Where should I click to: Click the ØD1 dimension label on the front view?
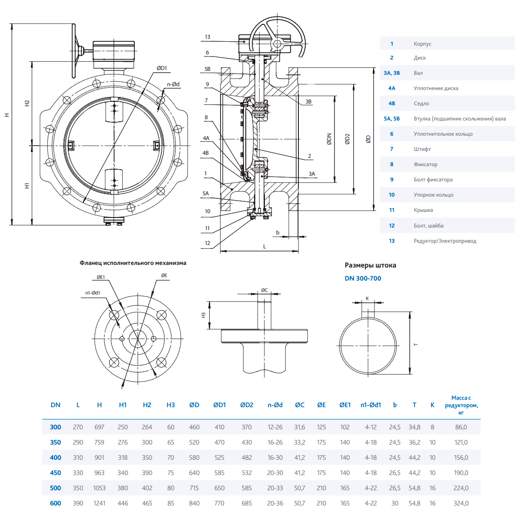[162, 68]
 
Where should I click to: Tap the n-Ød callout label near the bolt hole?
[173, 84]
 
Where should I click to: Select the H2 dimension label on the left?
[27, 103]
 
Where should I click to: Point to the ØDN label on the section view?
[329, 139]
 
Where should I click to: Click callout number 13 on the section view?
[207, 37]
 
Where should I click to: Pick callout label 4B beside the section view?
[206, 153]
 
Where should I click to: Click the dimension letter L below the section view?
[264, 247]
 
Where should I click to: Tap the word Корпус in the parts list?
[422, 44]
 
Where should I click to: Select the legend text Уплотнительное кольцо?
[443, 134]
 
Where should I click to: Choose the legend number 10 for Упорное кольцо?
[391, 195]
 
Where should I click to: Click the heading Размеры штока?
[370, 265]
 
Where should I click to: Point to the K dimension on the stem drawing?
[367, 298]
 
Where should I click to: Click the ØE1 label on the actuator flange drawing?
[101, 277]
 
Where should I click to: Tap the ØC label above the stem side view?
[264, 290]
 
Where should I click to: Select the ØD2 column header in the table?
[247, 405]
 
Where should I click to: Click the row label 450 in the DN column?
[56, 473]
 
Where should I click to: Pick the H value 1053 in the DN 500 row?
[99, 488]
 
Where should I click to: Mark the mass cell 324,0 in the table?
[461, 503]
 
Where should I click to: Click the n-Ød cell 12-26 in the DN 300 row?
[275, 427]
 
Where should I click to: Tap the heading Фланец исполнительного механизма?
[133, 263]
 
